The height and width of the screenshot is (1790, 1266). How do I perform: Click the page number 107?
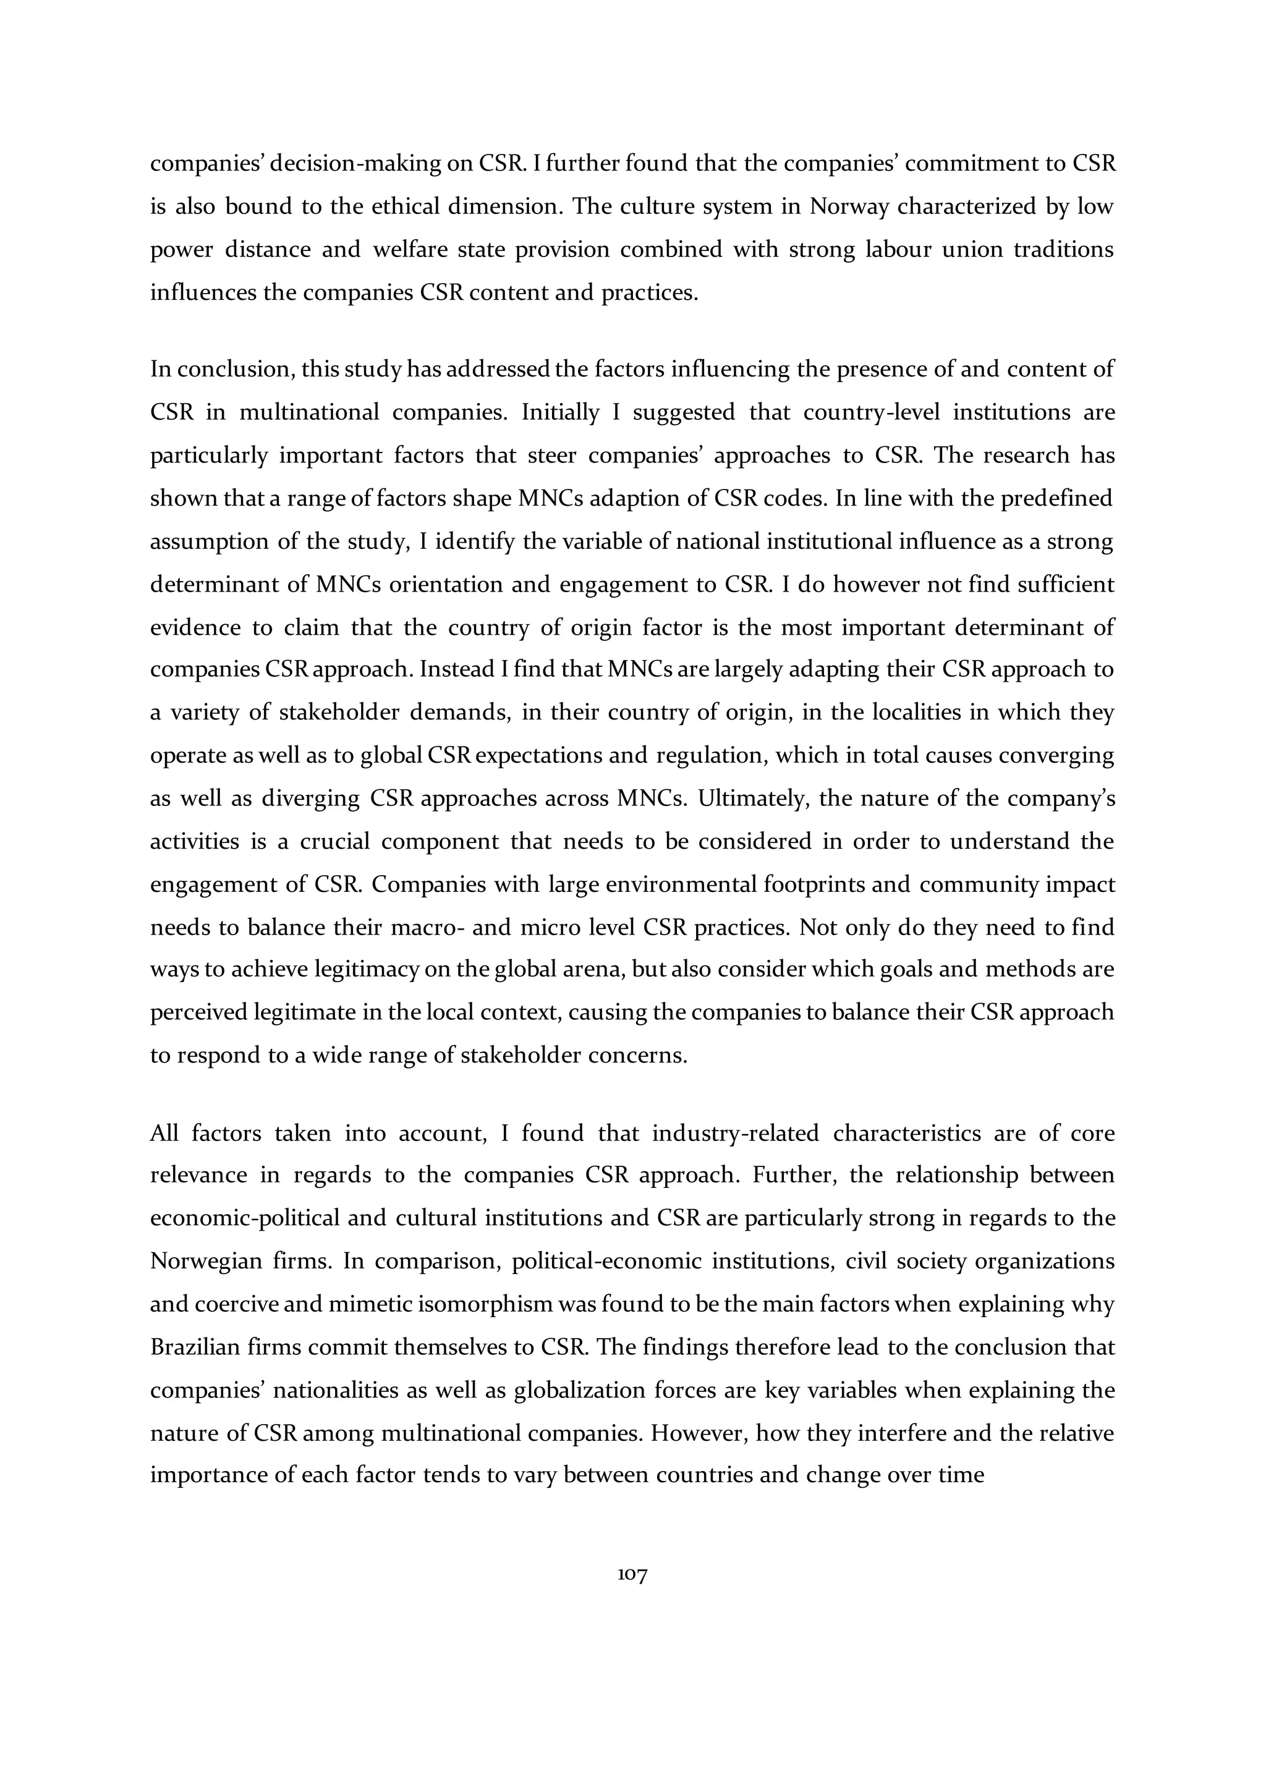(x=632, y=1575)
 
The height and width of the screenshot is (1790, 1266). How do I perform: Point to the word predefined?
(x=1056, y=498)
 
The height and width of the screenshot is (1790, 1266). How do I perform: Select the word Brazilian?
(x=195, y=1347)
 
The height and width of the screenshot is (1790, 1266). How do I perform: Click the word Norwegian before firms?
(x=206, y=1262)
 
